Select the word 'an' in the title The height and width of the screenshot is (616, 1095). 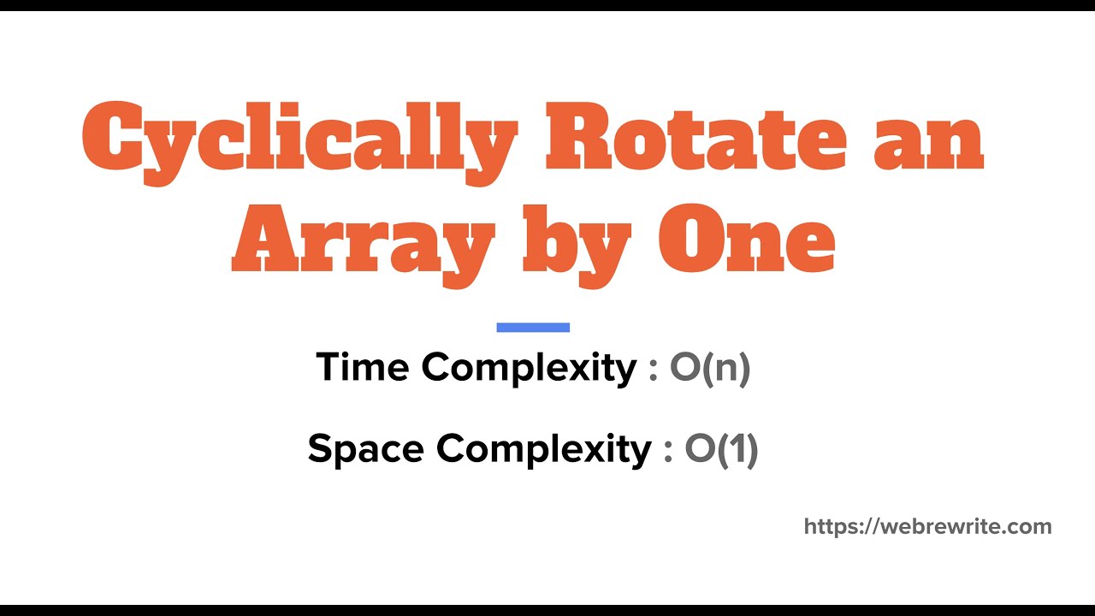pyautogui.click(x=928, y=137)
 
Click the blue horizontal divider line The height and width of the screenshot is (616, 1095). pyautogui.click(x=533, y=327)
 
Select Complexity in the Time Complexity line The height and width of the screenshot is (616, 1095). pyautogui.click(x=529, y=368)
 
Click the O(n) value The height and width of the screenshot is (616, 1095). pyautogui.click(x=710, y=368)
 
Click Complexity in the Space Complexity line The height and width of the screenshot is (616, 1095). pyautogui.click(x=544, y=449)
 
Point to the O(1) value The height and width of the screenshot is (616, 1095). pyautogui.click(x=721, y=449)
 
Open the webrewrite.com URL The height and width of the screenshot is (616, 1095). pyautogui.click(x=927, y=526)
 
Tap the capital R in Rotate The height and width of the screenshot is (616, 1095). pyautogui.click(x=583, y=137)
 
